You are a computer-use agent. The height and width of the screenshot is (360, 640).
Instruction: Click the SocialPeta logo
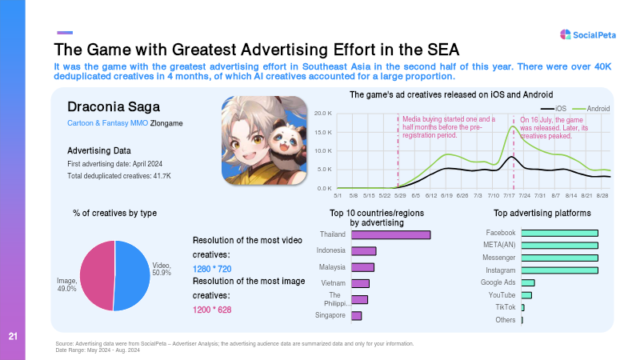click(x=588, y=34)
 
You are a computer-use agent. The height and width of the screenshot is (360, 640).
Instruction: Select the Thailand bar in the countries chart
click(x=390, y=234)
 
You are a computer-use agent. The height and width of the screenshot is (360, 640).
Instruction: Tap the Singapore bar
click(x=356, y=315)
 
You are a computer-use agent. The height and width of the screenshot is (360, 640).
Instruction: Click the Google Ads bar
click(x=528, y=283)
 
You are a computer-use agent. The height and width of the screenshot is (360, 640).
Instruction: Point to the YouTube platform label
click(x=502, y=294)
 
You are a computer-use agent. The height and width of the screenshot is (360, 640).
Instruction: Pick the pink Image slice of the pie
click(x=97, y=274)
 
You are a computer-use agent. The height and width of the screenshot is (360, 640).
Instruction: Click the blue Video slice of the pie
click(x=132, y=275)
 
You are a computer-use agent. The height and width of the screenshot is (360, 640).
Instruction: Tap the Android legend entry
click(x=591, y=109)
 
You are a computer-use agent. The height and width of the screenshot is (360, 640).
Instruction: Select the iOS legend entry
click(x=554, y=109)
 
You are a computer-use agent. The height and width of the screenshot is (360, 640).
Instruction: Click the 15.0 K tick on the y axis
click(x=323, y=132)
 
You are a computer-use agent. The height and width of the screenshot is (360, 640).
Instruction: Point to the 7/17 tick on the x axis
click(x=509, y=195)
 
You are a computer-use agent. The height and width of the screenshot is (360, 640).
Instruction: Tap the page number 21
click(x=13, y=336)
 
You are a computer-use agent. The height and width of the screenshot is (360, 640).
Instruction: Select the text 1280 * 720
click(x=212, y=269)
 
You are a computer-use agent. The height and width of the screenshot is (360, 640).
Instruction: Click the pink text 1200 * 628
click(x=212, y=310)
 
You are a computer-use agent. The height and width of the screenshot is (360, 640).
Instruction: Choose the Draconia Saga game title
click(x=114, y=106)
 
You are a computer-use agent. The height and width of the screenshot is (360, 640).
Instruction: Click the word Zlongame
click(x=166, y=123)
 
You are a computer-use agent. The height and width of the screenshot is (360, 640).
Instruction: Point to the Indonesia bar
click(x=364, y=251)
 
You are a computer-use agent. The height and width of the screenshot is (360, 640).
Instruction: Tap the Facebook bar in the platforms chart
click(x=559, y=233)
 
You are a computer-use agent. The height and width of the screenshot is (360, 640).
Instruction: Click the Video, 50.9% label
click(x=162, y=269)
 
